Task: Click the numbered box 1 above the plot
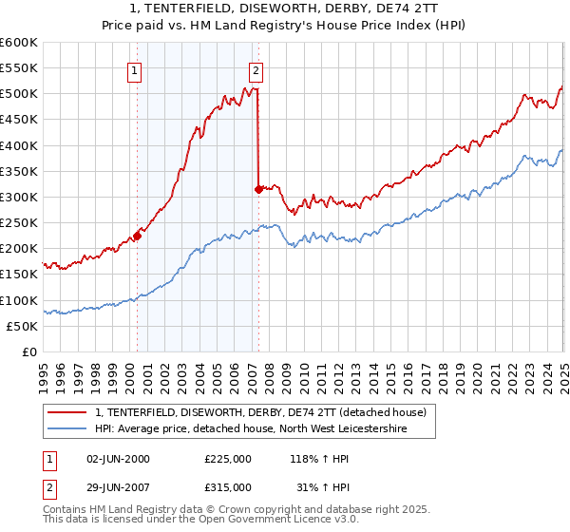pyautogui.click(x=135, y=69)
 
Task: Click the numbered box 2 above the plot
pyautogui.click(x=256, y=69)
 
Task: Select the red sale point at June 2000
pyautogui.click(x=137, y=236)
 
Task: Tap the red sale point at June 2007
pyautogui.click(x=258, y=189)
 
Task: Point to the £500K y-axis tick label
pyautogui.click(x=19, y=94)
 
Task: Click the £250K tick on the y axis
pyautogui.click(x=19, y=223)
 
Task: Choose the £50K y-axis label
pyautogui.click(x=22, y=326)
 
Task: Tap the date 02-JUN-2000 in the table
pyautogui.click(x=119, y=458)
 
